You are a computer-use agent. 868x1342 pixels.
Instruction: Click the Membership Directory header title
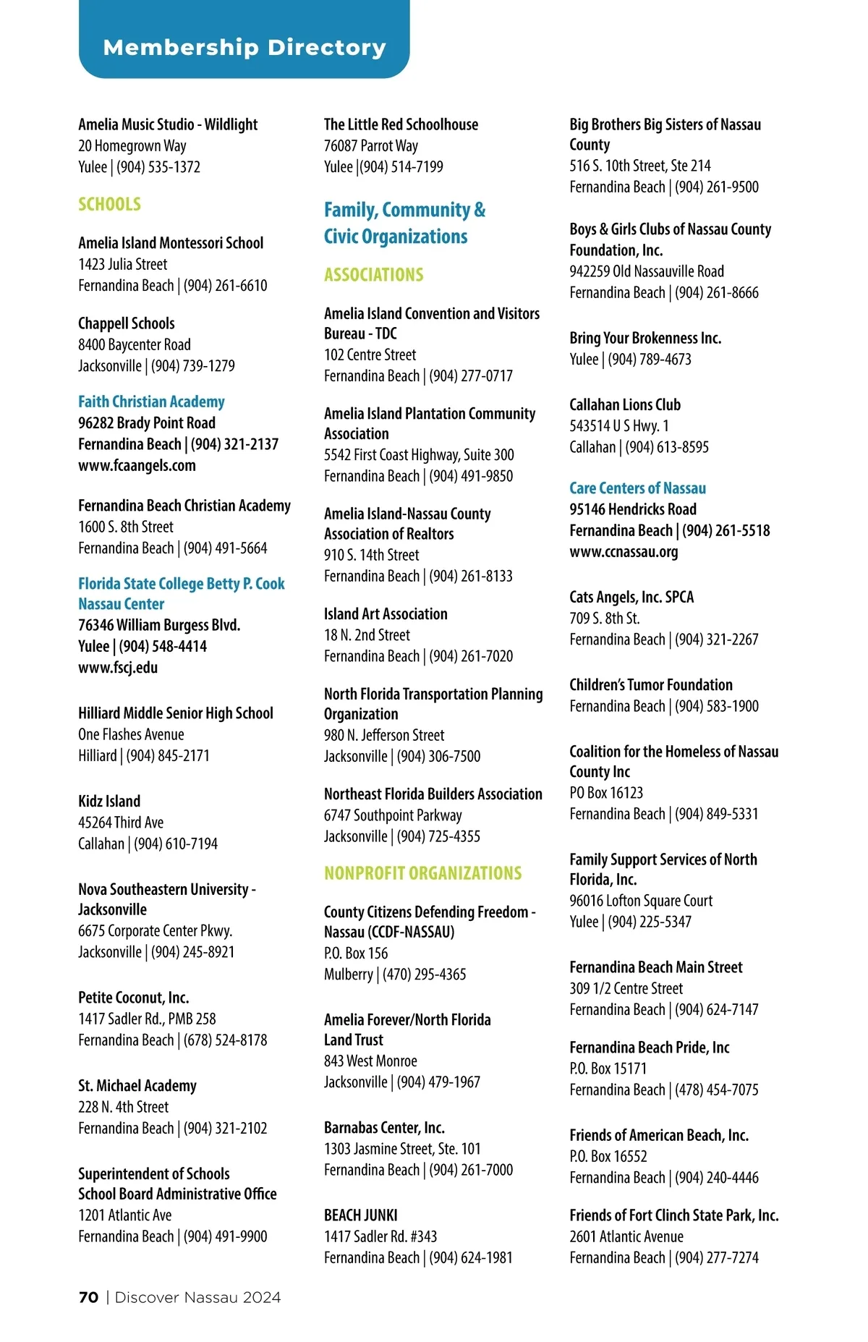[x=244, y=48]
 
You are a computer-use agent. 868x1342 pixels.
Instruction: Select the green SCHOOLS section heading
[x=109, y=204]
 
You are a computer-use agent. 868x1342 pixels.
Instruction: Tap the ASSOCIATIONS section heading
[x=373, y=275]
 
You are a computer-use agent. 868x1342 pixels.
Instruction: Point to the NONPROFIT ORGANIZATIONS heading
[x=422, y=873]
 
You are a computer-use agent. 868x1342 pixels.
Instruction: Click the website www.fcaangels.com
[x=137, y=465]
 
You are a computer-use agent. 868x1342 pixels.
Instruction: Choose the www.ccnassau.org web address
[x=624, y=552]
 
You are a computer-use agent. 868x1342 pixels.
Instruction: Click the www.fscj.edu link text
[x=118, y=667]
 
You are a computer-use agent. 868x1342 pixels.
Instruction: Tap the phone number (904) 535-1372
[x=158, y=167]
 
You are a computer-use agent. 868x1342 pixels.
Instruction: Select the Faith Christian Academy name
[x=151, y=402]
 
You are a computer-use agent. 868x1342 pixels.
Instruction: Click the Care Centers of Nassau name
[x=637, y=488]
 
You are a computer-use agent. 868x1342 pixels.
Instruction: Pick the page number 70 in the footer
[x=88, y=1297]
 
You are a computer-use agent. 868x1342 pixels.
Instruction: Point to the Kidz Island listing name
[x=109, y=801]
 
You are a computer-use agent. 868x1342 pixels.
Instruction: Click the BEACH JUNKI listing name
[x=360, y=1215]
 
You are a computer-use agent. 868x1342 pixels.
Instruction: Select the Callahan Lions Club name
[x=625, y=404]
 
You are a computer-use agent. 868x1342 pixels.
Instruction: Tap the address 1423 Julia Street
[x=122, y=264]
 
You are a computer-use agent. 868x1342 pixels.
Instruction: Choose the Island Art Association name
[x=386, y=614]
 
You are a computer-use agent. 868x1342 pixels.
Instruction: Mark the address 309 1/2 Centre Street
[x=626, y=988]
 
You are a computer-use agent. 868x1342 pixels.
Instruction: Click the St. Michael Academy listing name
[x=137, y=1086]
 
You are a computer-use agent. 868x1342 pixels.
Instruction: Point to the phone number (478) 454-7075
[x=717, y=1090]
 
